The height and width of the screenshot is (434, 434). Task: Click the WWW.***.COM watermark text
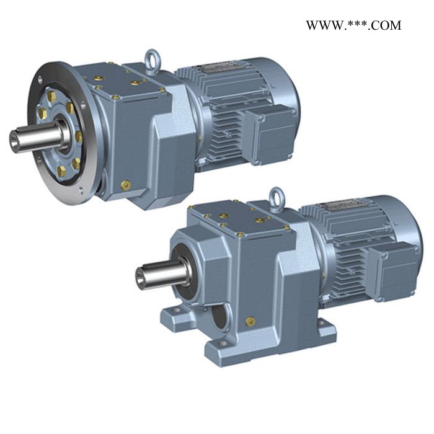click(x=353, y=25)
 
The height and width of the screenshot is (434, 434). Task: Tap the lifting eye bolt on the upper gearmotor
click(x=152, y=61)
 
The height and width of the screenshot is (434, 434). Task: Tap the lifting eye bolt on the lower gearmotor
click(x=277, y=199)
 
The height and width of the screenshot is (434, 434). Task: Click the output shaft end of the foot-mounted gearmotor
click(x=141, y=276)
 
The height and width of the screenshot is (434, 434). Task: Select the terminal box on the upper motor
click(x=269, y=135)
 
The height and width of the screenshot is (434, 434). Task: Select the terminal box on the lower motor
click(x=393, y=272)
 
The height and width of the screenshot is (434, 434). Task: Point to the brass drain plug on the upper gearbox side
click(x=126, y=185)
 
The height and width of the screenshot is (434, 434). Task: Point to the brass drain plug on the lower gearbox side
click(x=250, y=321)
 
